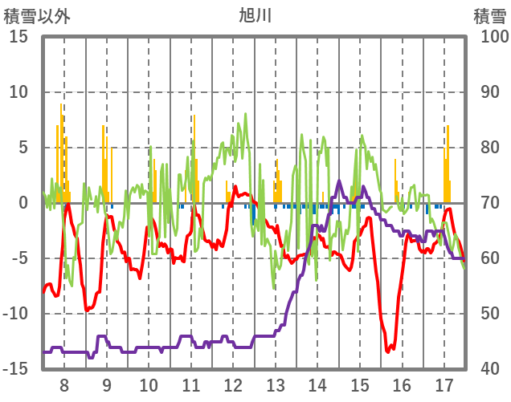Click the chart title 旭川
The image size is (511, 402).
pos(255,15)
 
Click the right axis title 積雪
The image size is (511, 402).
pos(489,15)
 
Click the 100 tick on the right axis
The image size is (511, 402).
pos(493,37)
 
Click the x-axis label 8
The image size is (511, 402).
pos(64,384)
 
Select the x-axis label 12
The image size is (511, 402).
pos(233,384)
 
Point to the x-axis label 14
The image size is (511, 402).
pos(317,384)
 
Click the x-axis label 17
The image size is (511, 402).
pos(444,384)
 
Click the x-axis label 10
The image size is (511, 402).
pos(149,384)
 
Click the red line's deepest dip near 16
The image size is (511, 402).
pos(388,351)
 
